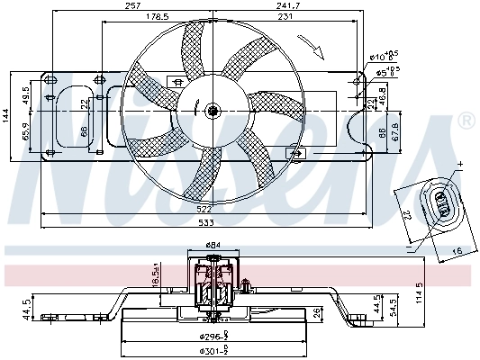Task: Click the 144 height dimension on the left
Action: coord(6,114)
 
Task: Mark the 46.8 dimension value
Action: coord(382,94)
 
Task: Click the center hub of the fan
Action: coord(213,112)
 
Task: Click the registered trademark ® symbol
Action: coord(466,120)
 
